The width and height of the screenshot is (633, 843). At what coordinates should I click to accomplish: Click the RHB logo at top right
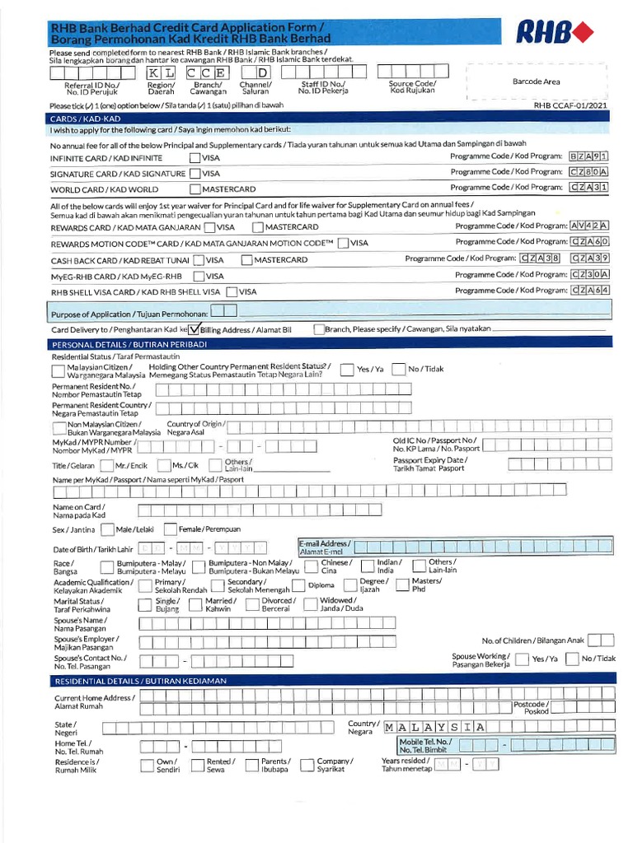click(x=554, y=33)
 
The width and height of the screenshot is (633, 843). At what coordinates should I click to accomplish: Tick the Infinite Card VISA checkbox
click(x=195, y=157)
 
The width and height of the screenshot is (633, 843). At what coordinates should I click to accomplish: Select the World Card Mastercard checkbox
click(x=195, y=189)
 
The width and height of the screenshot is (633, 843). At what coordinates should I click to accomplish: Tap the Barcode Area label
click(x=536, y=82)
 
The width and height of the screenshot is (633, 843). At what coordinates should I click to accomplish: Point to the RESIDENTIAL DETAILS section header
click(x=140, y=681)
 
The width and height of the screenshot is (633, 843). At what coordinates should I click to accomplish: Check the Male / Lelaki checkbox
click(x=108, y=529)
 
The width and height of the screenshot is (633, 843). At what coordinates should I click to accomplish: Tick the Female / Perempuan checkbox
click(x=171, y=529)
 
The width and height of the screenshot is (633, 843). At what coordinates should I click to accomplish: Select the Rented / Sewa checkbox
click(x=197, y=766)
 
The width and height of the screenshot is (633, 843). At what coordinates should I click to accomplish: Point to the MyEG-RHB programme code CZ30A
click(x=591, y=275)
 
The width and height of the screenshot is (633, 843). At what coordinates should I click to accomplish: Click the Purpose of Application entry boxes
click(x=223, y=310)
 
